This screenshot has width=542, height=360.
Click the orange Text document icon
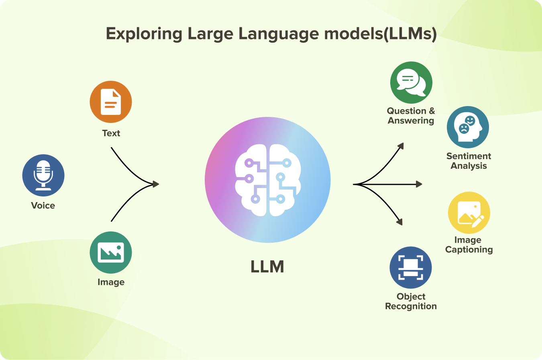pos(110,102)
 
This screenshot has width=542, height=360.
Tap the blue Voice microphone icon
pos(43,176)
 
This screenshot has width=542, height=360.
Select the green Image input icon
pos(110,252)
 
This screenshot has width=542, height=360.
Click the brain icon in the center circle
pos(267,180)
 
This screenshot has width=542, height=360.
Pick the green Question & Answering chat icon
pos(411,82)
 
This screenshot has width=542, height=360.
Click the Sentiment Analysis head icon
pos(468,127)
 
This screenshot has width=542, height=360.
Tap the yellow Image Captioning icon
pos(469,213)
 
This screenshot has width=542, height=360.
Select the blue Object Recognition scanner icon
pos(411,268)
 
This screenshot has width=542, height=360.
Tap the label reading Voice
pos(43,206)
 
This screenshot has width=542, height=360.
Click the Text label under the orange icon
pos(111,133)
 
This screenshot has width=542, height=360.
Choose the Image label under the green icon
pos(111,282)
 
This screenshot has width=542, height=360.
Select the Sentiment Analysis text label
pos(469,161)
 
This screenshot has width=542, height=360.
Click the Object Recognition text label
pos(411,301)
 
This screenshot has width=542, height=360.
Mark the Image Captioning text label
pos(469,245)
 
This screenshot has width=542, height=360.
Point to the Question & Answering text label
pos(411,116)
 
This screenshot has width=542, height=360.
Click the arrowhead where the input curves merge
pos(156,184)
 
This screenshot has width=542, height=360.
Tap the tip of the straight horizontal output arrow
pos(420,184)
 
